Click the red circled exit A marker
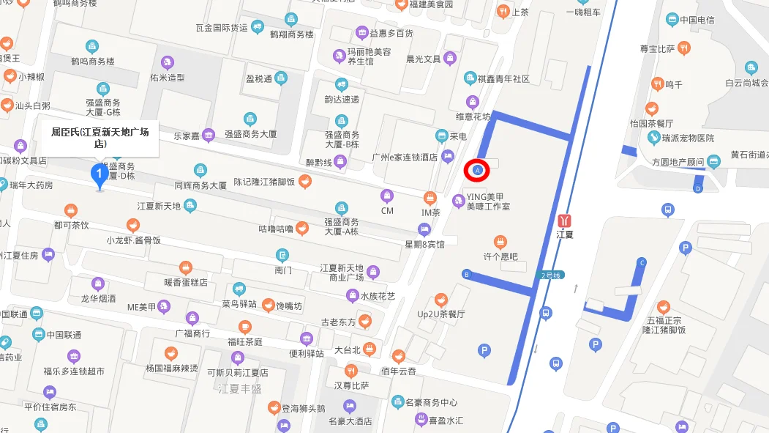click(x=478, y=170)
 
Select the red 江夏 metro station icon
click(x=564, y=220)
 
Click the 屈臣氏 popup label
click(x=100, y=137)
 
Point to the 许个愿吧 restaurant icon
click(x=500, y=242)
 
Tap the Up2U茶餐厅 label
click(x=440, y=314)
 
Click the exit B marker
click(x=466, y=275)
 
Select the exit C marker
click(x=642, y=262)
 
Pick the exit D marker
click(x=698, y=189)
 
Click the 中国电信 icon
click(x=669, y=20)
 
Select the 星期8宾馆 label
click(x=424, y=244)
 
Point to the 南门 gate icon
click(x=282, y=255)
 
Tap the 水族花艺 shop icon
click(x=353, y=296)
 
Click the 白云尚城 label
click(x=746, y=83)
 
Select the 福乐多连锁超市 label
click(x=73, y=371)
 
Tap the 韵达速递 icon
click(x=341, y=84)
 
